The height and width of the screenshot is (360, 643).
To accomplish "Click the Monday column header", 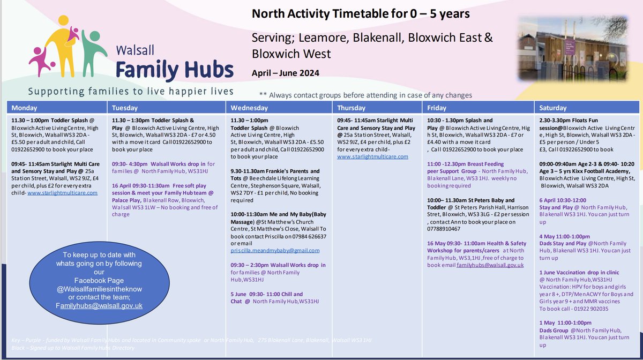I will coord(25,107).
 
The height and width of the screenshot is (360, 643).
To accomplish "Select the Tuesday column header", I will coord(125,107).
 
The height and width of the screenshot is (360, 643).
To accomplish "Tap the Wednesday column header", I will coord(250,107).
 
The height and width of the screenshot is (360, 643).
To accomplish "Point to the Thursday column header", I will coord(352,107).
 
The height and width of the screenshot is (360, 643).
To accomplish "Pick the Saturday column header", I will coord(555,107).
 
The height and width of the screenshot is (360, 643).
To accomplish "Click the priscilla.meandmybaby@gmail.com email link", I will coord(275,250).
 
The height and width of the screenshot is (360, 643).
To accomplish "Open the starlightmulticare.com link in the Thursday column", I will coord(372,156).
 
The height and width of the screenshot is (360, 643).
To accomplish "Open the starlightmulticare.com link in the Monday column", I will coord(62,192).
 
